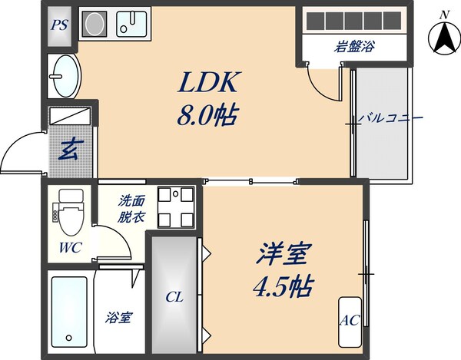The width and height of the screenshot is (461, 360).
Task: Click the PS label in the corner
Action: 59,25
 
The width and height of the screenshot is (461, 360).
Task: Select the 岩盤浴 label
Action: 354,47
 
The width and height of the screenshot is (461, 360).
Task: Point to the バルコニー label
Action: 392,119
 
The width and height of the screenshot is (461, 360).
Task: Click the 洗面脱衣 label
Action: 131,210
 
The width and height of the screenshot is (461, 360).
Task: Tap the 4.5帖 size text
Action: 283,288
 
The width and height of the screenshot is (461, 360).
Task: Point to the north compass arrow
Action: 443,38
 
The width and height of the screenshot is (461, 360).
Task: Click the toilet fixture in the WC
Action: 69,213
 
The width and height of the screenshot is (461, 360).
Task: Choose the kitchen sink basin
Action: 132,24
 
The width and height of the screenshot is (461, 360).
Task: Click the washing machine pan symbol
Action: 174,206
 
